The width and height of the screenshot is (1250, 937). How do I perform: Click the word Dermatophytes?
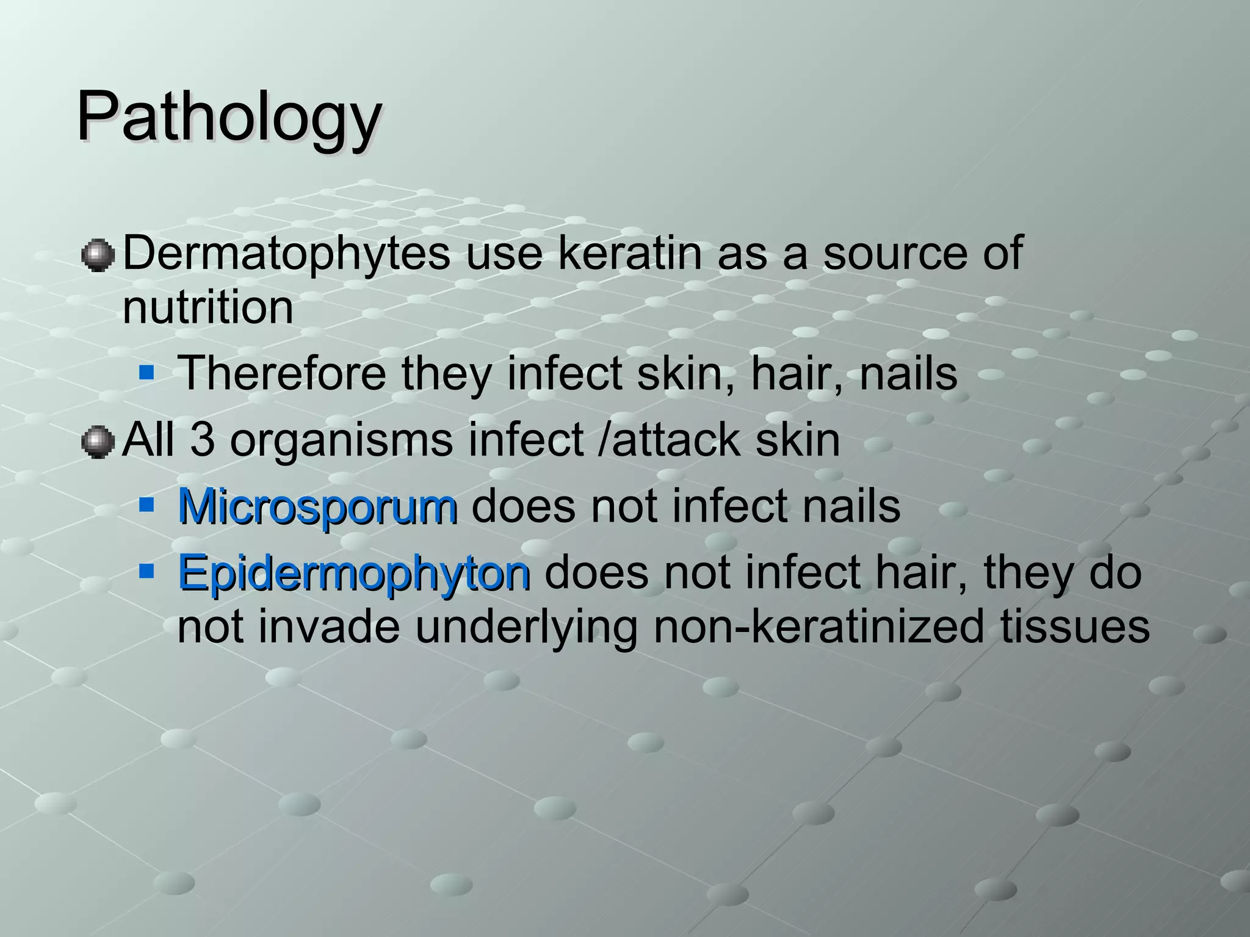tap(286, 254)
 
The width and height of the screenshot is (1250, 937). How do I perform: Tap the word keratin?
tap(629, 254)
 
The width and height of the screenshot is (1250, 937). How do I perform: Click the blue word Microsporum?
tap(317, 506)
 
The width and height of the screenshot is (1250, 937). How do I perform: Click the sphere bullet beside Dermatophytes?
tap(98, 255)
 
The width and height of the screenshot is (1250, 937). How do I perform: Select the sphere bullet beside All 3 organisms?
tap(98, 442)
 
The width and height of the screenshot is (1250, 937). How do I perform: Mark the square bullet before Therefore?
tap(146, 372)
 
